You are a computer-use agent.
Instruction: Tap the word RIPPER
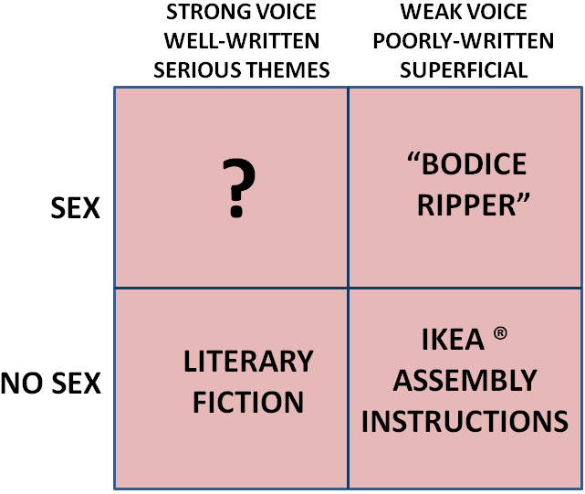click(x=467, y=205)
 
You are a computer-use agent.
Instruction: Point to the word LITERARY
click(x=248, y=362)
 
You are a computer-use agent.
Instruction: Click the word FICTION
click(x=249, y=402)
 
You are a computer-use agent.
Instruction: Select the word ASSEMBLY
click(x=465, y=380)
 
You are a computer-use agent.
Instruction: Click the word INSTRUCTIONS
click(x=465, y=421)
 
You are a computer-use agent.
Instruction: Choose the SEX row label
click(x=74, y=209)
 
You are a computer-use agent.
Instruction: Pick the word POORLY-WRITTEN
click(x=464, y=42)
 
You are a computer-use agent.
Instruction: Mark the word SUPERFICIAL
click(x=464, y=68)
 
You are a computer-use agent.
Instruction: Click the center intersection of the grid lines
click(x=348, y=288)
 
